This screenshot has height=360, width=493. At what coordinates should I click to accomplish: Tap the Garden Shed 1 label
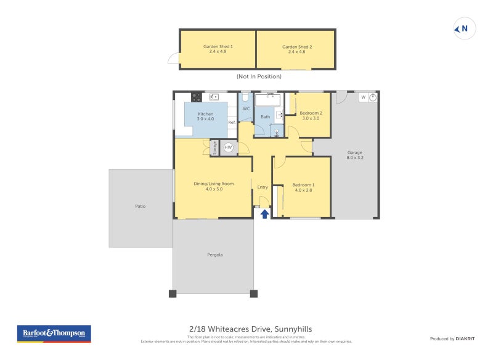218,49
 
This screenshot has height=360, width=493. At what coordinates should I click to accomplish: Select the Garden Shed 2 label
296,49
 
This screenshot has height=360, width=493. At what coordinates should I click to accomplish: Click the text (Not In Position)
259,76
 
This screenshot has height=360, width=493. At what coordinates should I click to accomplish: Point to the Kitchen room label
205,116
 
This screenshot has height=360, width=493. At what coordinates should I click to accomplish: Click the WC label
246,109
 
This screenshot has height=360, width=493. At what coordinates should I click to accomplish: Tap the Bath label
265,117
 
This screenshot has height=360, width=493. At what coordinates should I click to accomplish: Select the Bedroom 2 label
311,115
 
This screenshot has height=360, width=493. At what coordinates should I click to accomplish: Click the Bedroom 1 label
303,187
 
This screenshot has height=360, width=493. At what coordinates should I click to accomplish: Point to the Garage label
354,155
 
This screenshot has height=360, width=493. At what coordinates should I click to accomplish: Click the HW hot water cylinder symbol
228,147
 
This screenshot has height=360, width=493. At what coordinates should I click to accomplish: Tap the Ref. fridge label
232,123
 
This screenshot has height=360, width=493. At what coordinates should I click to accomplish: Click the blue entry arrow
264,214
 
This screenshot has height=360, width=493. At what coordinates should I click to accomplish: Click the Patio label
141,206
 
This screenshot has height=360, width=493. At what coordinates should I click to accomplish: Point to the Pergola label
214,255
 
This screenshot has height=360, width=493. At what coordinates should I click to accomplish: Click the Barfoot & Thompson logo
54,333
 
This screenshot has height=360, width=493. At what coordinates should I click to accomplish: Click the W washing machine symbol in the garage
363,97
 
